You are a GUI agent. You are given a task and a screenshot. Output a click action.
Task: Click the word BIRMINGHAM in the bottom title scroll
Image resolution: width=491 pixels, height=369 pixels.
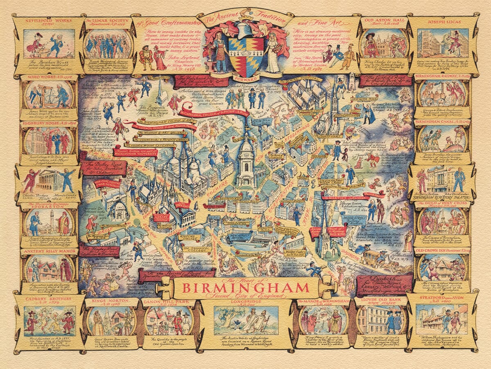click(x=245, y=287)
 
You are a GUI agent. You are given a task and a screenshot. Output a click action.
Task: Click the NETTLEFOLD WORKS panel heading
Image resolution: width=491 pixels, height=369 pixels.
click(x=43, y=20)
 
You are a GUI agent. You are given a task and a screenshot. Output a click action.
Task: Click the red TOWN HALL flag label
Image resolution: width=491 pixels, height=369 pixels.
click(x=180, y=204)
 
